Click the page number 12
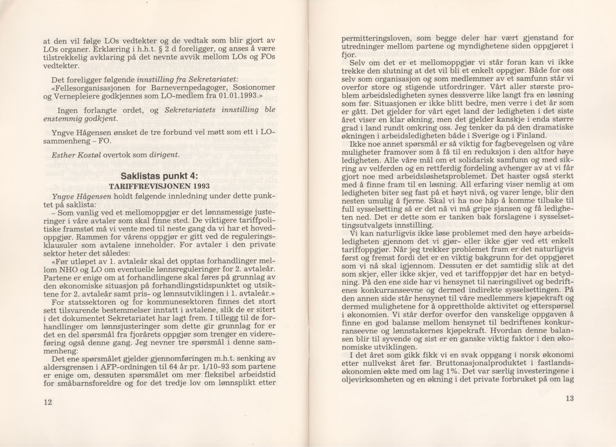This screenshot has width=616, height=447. click(48, 402)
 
